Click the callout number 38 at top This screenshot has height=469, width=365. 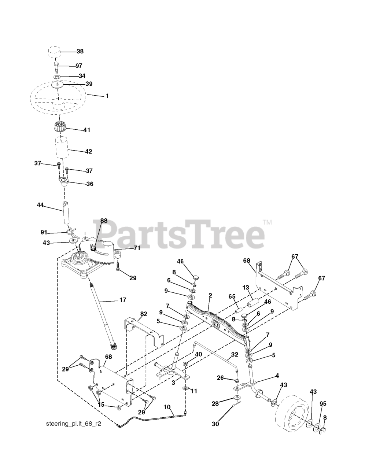[x=80, y=52]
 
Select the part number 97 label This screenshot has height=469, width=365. [x=79, y=66]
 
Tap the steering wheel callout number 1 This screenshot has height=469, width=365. [x=107, y=96]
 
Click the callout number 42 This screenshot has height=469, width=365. [x=88, y=151]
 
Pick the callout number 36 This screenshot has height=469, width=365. [x=89, y=184]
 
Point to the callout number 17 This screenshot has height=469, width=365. [x=122, y=300]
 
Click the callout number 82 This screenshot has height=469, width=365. [x=143, y=314]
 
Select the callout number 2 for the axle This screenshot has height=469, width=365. [x=210, y=295]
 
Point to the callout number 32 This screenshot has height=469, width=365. [x=235, y=355]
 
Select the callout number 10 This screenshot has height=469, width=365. [x=167, y=407]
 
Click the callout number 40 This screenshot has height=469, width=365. [x=198, y=354]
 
